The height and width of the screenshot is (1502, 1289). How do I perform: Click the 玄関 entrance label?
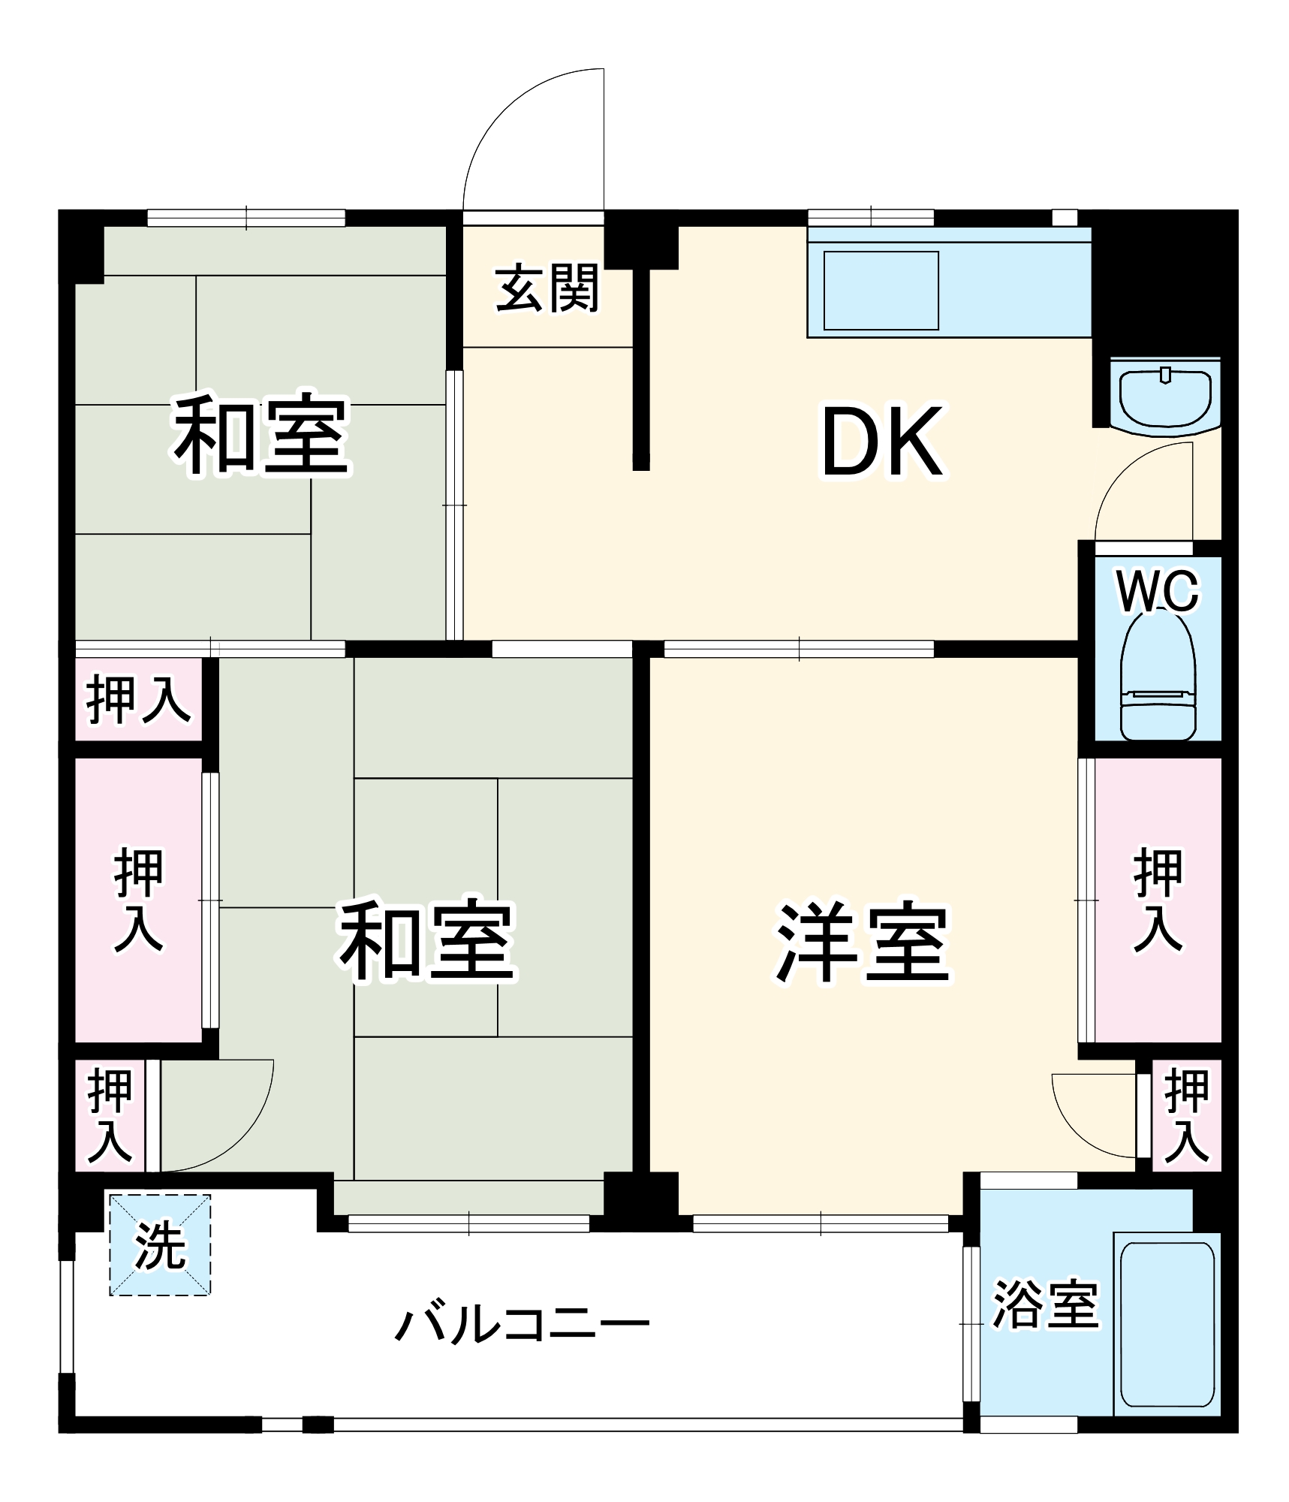pos(547,288)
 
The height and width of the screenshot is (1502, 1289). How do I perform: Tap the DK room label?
pos(882,442)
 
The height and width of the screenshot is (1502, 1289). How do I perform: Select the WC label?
pos(1158,592)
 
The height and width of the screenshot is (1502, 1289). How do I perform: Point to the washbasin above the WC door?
pos(1164,397)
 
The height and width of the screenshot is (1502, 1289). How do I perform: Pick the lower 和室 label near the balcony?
pos(426,940)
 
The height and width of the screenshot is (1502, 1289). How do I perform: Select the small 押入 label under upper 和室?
pos(138,700)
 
